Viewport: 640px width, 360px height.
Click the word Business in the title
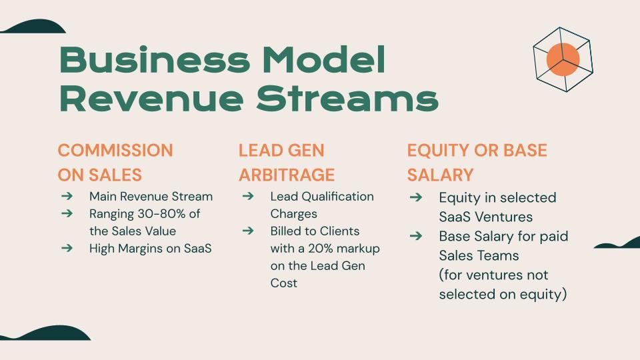pyautogui.click(x=155, y=59)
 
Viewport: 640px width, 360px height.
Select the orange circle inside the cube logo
pyautogui.click(x=563, y=59)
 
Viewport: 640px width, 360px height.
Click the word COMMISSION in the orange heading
pyautogui.click(x=115, y=150)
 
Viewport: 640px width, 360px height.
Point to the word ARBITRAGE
pyautogui.click(x=287, y=175)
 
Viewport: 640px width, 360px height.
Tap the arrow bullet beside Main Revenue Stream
pyautogui.click(x=67, y=196)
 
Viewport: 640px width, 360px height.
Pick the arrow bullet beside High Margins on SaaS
pyautogui.click(x=67, y=248)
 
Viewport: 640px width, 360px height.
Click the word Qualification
pyautogui.click(x=337, y=196)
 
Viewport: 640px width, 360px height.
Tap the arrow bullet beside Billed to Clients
pyautogui.click(x=248, y=231)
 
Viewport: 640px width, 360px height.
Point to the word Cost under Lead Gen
pyautogui.click(x=284, y=283)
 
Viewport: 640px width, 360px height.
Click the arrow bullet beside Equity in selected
pyautogui.click(x=416, y=197)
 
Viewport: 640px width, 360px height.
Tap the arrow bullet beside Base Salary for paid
pyautogui.click(x=416, y=236)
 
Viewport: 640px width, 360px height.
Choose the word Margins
pyautogui.click(x=141, y=249)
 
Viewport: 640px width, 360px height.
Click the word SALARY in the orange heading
pyautogui.click(x=440, y=175)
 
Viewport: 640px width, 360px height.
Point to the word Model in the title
pyautogui.click(x=324, y=59)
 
